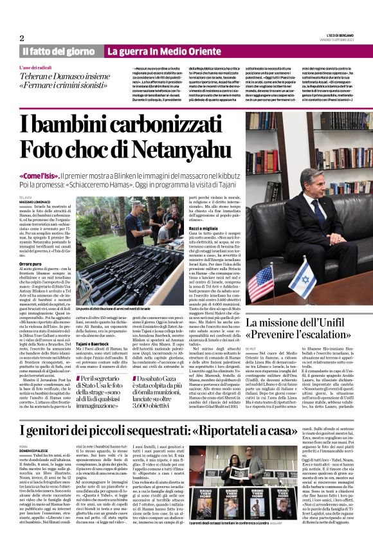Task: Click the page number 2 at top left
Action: point(22,38)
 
